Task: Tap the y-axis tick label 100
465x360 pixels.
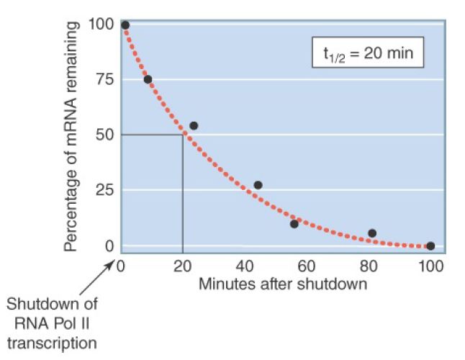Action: [x=101, y=25]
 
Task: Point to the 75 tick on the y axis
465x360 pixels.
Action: [x=105, y=79]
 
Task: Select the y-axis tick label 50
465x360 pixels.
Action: [x=105, y=135]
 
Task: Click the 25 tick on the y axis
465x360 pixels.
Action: [x=105, y=190]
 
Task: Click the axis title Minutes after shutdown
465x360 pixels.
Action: [x=283, y=283]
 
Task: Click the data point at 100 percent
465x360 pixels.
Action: [x=125, y=25]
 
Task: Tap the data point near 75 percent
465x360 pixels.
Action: [x=148, y=79]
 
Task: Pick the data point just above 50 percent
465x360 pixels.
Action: [x=193, y=126]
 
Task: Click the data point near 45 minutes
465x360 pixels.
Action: [x=258, y=185]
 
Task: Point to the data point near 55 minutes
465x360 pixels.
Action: [x=294, y=224]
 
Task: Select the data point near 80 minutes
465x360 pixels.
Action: [x=372, y=233]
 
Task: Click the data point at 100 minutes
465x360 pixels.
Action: [x=430, y=246]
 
